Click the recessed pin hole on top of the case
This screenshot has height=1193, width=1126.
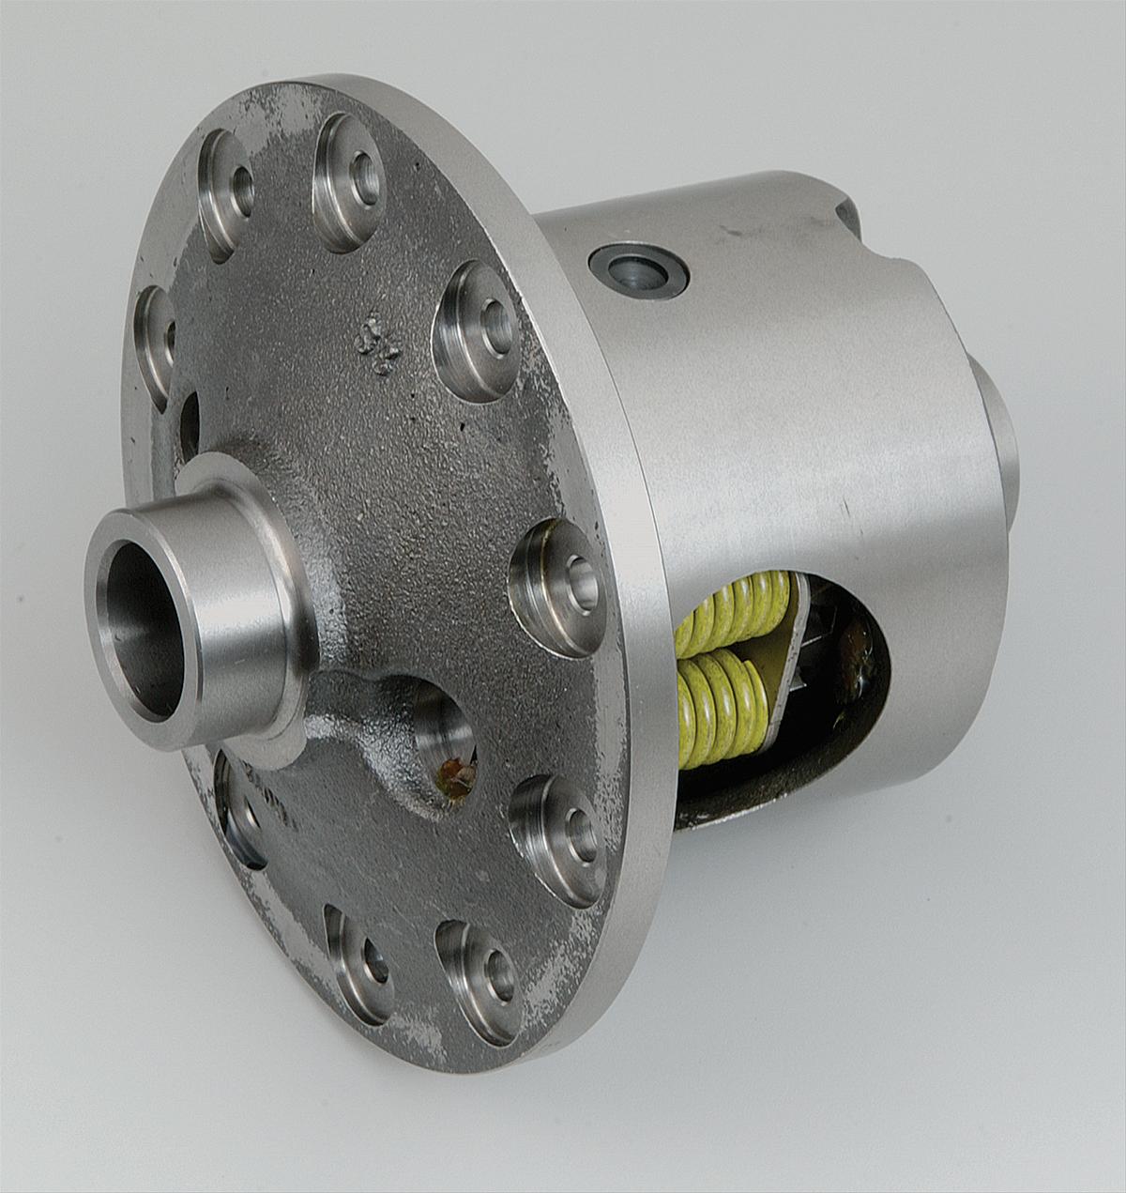(638, 272)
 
